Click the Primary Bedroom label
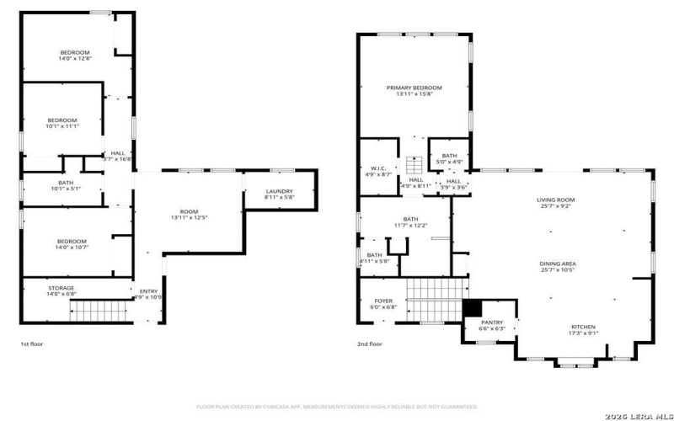click(x=414, y=88)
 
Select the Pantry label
click(x=491, y=322)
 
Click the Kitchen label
click(x=584, y=327)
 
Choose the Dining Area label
click(x=558, y=264)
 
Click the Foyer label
click(x=382, y=301)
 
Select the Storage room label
click(x=61, y=288)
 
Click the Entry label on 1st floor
click(x=147, y=292)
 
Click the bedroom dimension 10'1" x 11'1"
click(x=62, y=126)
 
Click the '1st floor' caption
click(x=33, y=344)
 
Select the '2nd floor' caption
click(x=369, y=344)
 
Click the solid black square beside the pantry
click(x=471, y=307)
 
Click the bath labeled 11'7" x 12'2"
click(x=411, y=221)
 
